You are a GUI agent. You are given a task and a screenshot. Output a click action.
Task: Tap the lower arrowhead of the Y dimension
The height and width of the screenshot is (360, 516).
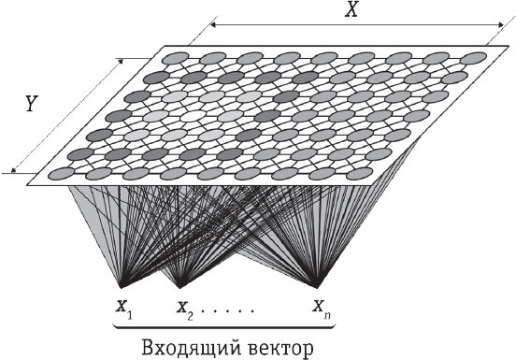point(14,170)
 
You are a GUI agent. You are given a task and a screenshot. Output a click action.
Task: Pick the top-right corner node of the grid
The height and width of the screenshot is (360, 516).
point(476,60)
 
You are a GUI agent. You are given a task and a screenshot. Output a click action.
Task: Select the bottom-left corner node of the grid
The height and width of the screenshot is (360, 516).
point(60,173)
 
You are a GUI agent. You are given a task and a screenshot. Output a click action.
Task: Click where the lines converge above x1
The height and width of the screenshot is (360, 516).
point(122,285)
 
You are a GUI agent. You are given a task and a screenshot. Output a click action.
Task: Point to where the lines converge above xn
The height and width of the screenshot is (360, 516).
point(320,285)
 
